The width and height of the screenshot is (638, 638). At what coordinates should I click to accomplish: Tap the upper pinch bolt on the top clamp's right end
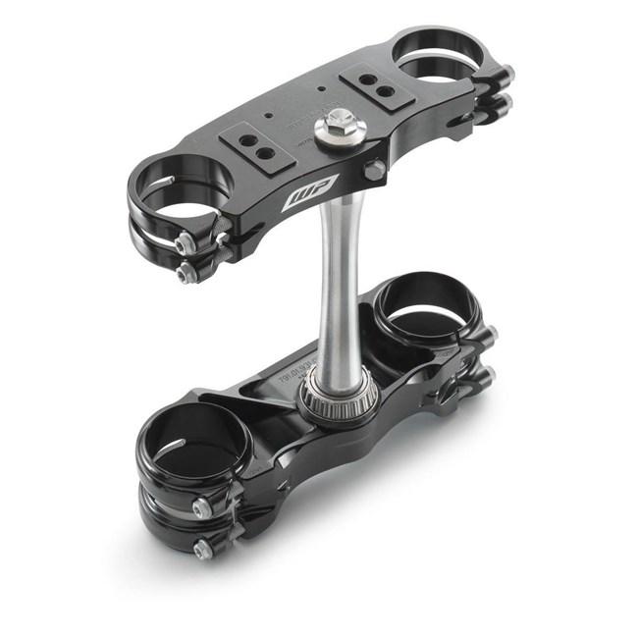click(x=505, y=75)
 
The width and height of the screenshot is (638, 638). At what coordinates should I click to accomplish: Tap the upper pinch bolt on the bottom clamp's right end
click(x=491, y=335)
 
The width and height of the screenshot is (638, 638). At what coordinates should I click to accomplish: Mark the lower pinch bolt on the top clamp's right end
click(x=505, y=102)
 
